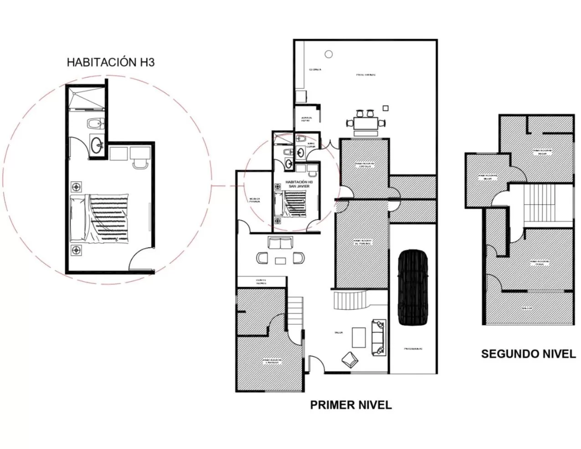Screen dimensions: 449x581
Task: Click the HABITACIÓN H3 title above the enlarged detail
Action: (x=110, y=62)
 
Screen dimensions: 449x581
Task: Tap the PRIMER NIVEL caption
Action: (x=350, y=405)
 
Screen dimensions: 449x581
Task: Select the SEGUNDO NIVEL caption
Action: (x=528, y=354)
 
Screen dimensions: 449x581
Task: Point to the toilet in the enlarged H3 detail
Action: (x=96, y=123)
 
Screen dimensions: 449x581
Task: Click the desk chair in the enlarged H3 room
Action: (x=139, y=163)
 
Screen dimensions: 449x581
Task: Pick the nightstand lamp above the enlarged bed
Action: (x=76, y=186)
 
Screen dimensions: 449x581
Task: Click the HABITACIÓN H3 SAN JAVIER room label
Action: (x=296, y=184)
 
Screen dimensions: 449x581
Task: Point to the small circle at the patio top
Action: (x=328, y=54)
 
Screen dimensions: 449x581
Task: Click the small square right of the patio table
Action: (x=386, y=108)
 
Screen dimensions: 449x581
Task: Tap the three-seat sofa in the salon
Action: (x=378, y=337)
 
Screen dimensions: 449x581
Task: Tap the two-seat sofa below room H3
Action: (x=280, y=243)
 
